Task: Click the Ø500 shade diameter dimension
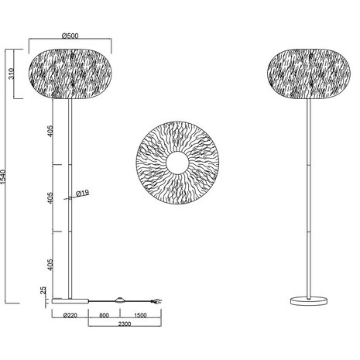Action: click(70, 35)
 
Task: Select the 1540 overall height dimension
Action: click(7, 177)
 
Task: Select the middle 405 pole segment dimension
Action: click(50, 199)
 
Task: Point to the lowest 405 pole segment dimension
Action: click(50, 263)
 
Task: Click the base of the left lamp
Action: click(70, 299)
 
